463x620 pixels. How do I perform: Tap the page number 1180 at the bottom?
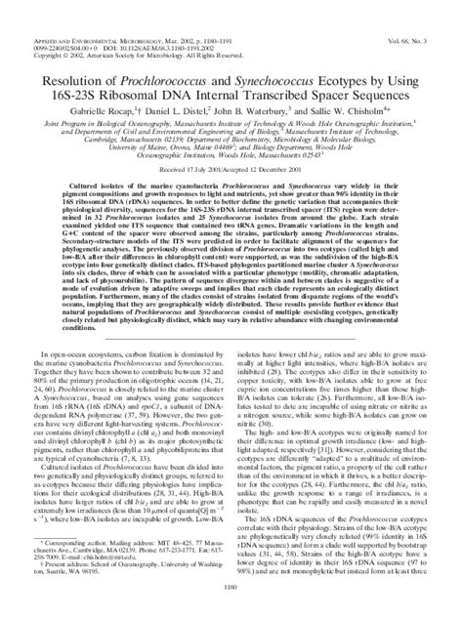click(231, 612)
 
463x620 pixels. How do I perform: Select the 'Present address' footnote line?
click(117, 592)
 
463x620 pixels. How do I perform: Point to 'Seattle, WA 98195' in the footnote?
click(67, 598)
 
